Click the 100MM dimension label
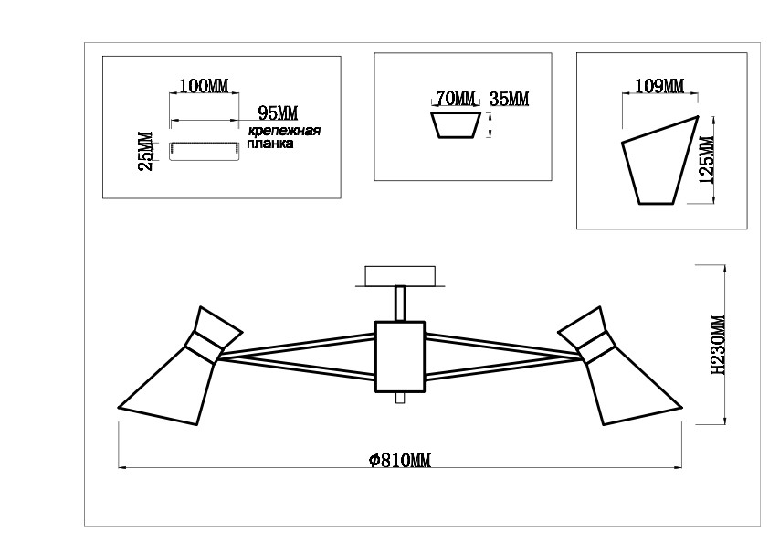pyautogui.click(x=204, y=86)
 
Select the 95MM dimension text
pyautogui.click(x=278, y=113)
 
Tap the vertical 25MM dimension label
pyautogui.click(x=146, y=151)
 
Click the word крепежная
pyautogui.click(x=284, y=131)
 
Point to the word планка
pyautogui.click(x=270, y=144)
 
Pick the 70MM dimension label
pyautogui.click(x=456, y=99)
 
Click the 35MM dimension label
pyautogui.click(x=510, y=99)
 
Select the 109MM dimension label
pyautogui.click(x=659, y=86)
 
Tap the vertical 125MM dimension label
pyautogui.click(x=707, y=160)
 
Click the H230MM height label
pyautogui.click(x=718, y=345)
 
